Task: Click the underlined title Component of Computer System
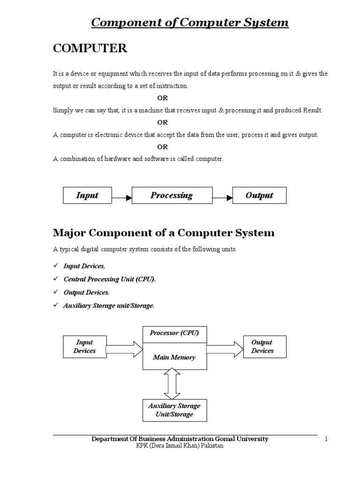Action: coord(189,22)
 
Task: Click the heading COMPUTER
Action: coord(90,49)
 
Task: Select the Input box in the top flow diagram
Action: coord(87,195)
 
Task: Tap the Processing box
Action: coord(172,195)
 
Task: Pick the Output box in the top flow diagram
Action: coord(259,195)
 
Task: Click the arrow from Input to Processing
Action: coord(122,198)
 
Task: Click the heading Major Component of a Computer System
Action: coord(164,233)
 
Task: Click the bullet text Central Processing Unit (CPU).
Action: coord(109,279)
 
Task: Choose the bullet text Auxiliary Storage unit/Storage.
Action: coord(109,305)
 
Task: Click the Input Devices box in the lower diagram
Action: coord(84,347)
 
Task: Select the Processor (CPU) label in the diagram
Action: coord(174,333)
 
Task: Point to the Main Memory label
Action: coord(174,357)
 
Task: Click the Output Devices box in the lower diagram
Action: coord(262,347)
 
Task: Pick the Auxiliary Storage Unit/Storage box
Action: coord(174,410)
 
